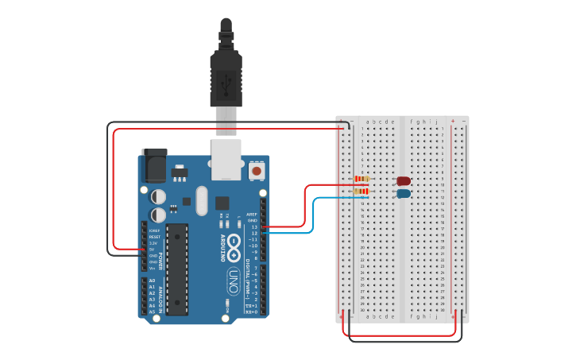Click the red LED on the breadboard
[x=404, y=181]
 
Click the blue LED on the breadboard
[x=404, y=193]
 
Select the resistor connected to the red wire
[x=362, y=180]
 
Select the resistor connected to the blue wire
[x=362, y=192]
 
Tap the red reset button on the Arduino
[x=257, y=170]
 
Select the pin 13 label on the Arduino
[x=254, y=227]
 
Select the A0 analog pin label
[x=152, y=281]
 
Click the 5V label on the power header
[x=152, y=250]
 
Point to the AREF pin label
[x=252, y=215]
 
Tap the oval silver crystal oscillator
[x=200, y=200]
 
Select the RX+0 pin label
[x=252, y=312]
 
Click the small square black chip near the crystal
[x=222, y=203]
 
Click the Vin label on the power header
[x=152, y=268]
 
